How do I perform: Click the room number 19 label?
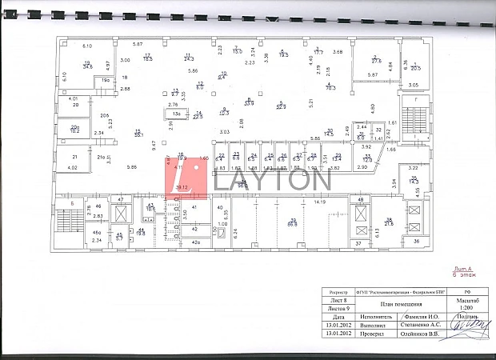[x=87, y=63]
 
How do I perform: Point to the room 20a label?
[x=74, y=127]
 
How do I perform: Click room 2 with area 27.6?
[x=376, y=58]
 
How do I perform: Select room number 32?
[x=378, y=130]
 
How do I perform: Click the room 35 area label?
[x=413, y=181]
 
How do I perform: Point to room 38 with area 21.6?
[x=389, y=222]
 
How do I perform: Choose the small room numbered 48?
[x=361, y=199]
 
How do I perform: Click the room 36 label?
[x=416, y=241]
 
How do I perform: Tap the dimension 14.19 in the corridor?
[x=320, y=202]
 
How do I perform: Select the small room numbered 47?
[x=121, y=199]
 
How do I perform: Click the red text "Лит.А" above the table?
[x=464, y=268]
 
